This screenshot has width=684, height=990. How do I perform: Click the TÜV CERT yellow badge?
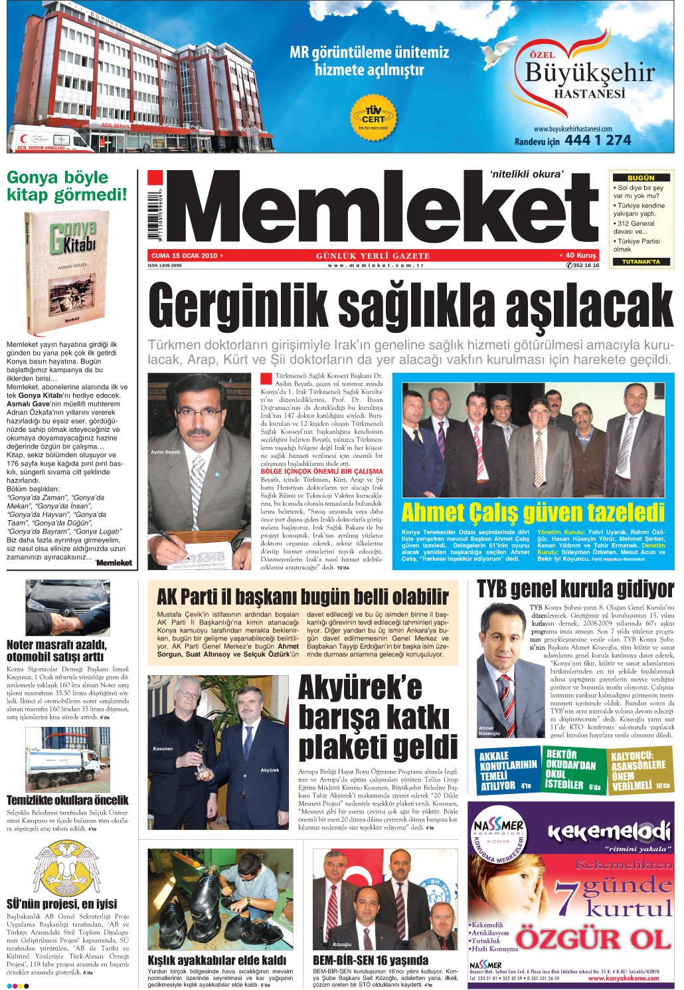[x=373, y=115]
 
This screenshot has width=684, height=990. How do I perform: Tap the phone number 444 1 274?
[x=598, y=140]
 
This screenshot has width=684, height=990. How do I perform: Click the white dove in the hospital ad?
[x=499, y=52]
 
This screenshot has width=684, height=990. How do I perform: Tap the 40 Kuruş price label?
[x=580, y=255]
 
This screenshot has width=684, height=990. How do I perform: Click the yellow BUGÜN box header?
[x=641, y=178]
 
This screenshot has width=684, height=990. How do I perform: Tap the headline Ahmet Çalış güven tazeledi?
[x=533, y=513]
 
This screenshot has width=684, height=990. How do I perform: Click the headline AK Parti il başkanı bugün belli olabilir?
[x=303, y=596]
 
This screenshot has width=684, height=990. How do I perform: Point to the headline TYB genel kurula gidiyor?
[x=575, y=589]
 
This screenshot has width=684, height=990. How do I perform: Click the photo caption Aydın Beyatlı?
[x=165, y=452]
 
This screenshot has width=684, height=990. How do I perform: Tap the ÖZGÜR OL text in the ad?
[x=593, y=939]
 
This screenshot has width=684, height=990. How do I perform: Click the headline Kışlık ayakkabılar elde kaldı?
[x=216, y=960]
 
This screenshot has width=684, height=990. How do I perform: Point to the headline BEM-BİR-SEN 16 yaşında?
[x=370, y=960]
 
